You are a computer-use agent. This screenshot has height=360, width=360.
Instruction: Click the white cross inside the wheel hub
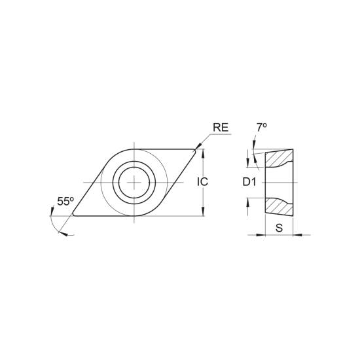[134, 180]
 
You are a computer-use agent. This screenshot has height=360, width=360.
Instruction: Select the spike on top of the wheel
[134, 146]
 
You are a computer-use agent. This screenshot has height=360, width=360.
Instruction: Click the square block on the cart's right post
[203, 180]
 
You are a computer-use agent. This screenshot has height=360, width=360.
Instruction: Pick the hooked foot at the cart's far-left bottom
[65, 232]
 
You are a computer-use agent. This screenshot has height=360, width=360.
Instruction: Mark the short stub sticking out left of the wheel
[85, 180]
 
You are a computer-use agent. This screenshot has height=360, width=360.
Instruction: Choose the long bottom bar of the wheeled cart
[144, 214]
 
